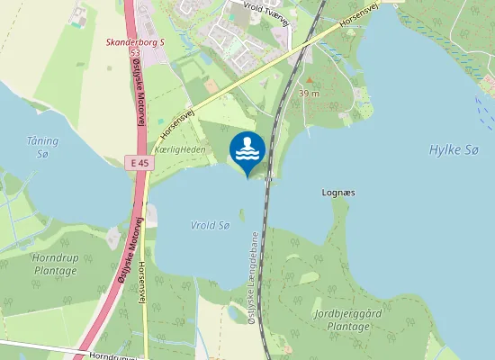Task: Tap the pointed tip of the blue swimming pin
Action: click(247, 177)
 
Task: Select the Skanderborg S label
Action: click(135, 41)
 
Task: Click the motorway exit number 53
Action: click(135, 53)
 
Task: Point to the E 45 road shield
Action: click(135, 161)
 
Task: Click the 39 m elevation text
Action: click(310, 93)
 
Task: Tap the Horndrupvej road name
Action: click(117, 356)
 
